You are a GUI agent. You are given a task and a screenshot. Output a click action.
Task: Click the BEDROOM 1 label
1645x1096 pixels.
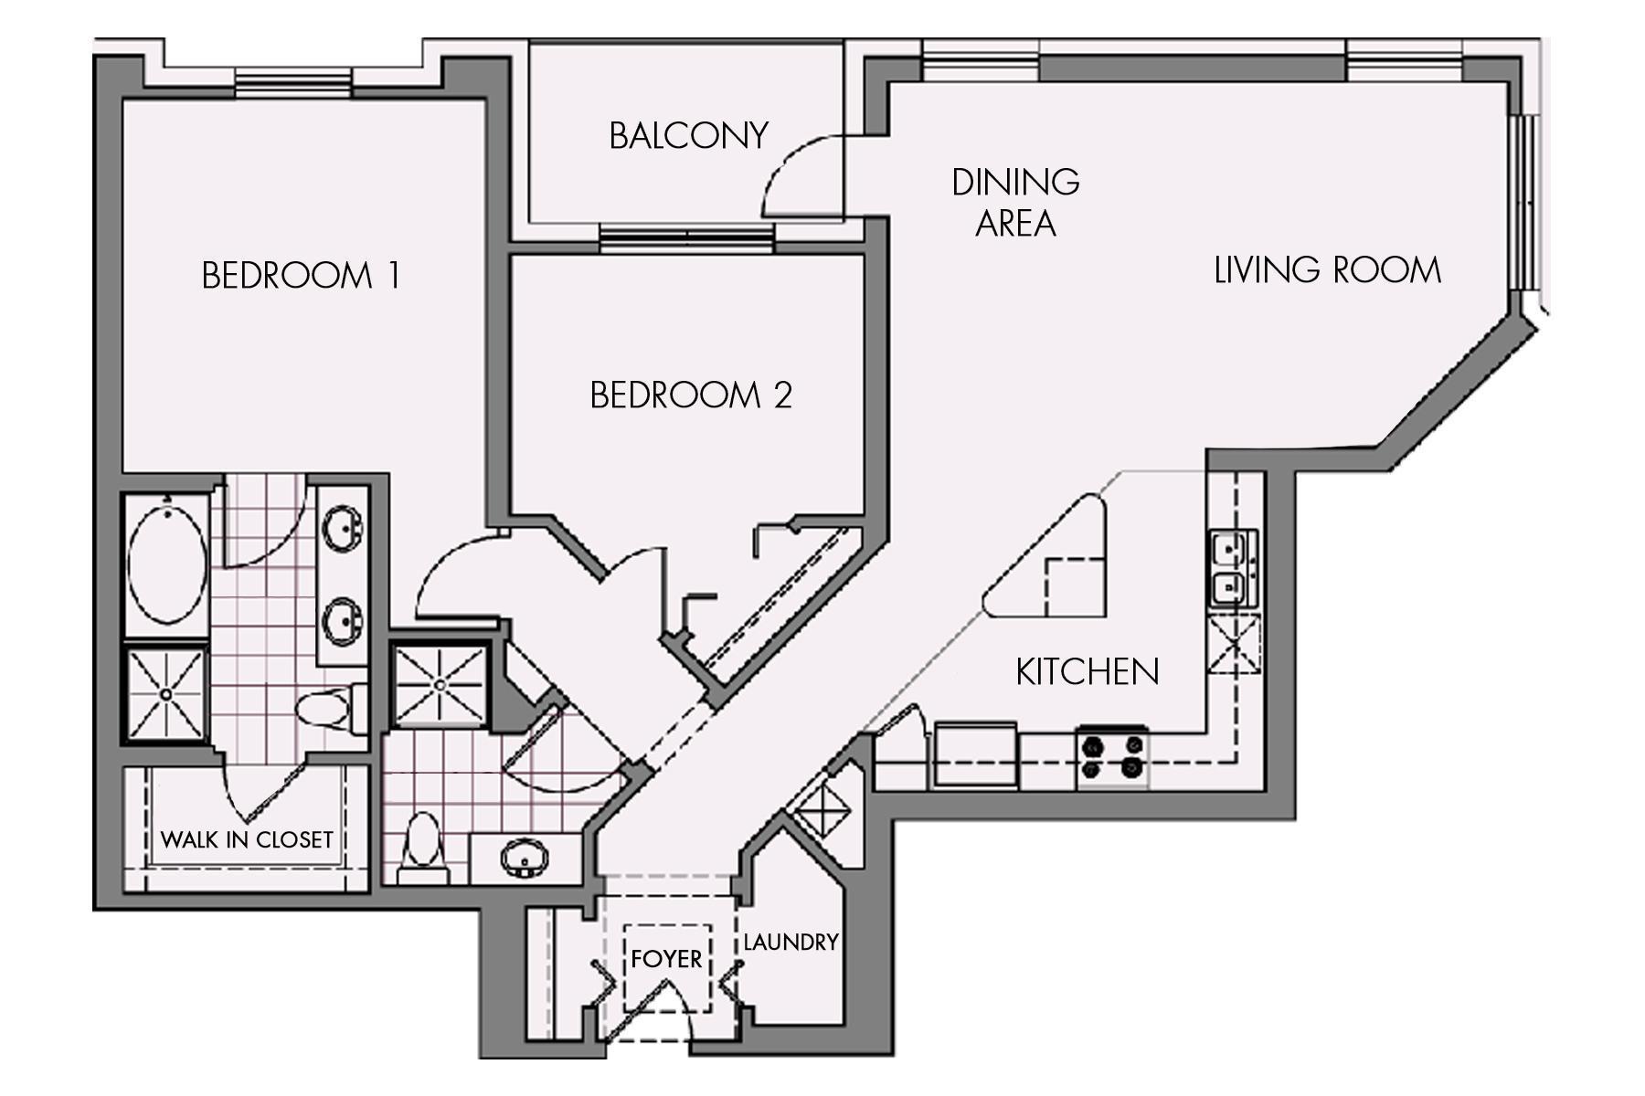(300, 275)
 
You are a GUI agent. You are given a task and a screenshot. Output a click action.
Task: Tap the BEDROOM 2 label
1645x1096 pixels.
(690, 395)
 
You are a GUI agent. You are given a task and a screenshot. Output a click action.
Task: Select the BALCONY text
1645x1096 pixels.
(687, 136)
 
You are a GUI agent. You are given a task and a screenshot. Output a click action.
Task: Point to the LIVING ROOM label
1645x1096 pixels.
(1327, 270)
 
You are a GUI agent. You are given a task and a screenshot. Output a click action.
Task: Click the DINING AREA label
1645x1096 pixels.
(1015, 203)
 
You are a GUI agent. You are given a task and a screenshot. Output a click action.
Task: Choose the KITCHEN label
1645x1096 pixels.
(1087, 672)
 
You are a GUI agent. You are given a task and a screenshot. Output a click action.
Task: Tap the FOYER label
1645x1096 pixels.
(666, 959)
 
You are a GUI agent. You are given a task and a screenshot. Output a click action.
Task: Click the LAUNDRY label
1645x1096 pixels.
(791, 943)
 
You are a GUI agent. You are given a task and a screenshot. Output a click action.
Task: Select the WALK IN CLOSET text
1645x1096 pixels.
(247, 839)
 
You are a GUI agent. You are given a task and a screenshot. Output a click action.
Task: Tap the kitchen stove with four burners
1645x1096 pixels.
(1112, 757)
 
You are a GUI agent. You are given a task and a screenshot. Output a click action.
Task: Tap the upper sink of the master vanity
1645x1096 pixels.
(345, 527)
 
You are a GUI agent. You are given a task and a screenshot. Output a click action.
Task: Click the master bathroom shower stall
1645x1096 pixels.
(165, 694)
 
